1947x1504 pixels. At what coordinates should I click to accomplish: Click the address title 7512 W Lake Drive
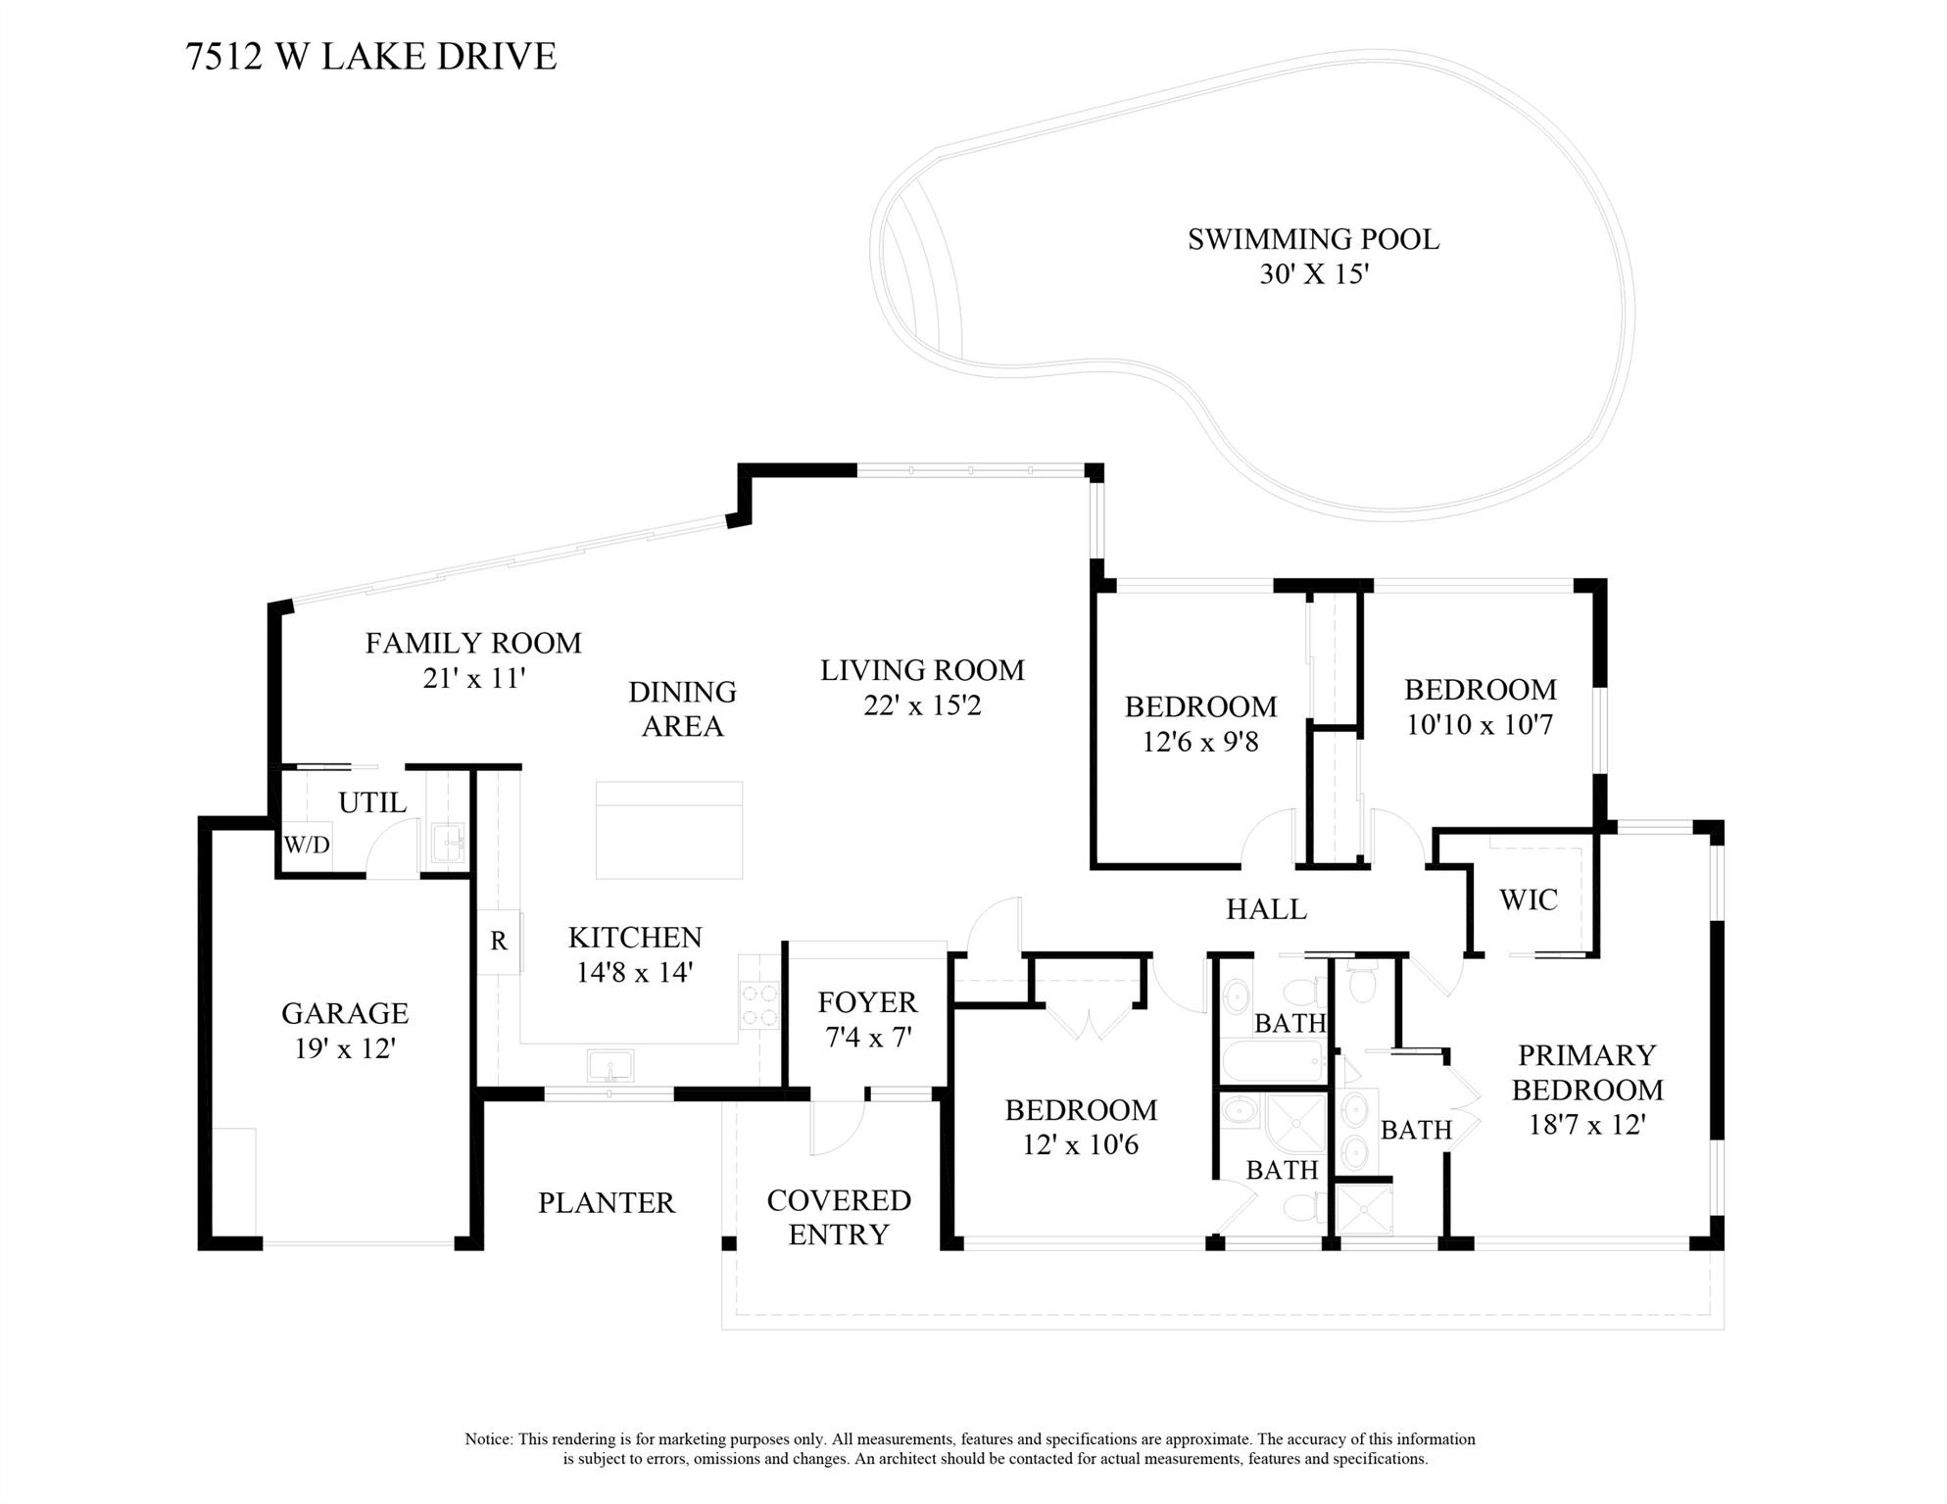[370, 56]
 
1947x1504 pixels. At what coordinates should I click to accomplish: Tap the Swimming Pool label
[1313, 239]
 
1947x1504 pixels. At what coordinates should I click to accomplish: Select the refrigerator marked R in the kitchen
[499, 942]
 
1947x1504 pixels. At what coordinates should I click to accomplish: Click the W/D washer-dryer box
[307, 845]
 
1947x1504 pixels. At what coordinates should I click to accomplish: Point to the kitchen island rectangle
[668, 830]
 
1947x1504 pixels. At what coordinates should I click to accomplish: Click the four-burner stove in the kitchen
[759, 1005]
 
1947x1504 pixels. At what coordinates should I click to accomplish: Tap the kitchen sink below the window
[609, 1065]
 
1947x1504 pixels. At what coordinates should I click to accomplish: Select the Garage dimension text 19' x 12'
[345, 1048]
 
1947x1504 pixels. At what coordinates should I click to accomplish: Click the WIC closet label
[1528, 899]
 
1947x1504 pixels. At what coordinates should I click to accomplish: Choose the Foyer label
[867, 1002]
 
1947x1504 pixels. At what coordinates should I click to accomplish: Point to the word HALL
[1266, 909]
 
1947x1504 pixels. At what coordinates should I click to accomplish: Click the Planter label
[606, 1202]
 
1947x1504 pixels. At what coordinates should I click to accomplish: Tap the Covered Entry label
[839, 1217]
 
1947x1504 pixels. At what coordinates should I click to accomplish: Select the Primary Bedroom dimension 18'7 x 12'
[1586, 1124]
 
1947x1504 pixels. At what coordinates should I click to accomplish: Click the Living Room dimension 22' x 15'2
[922, 705]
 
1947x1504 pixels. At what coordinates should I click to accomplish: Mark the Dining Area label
[682, 708]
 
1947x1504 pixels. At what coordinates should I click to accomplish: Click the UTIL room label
[372, 802]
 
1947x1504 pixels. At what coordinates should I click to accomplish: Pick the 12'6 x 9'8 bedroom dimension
[1200, 742]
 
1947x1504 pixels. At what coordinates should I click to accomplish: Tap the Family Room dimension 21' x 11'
[474, 678]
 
